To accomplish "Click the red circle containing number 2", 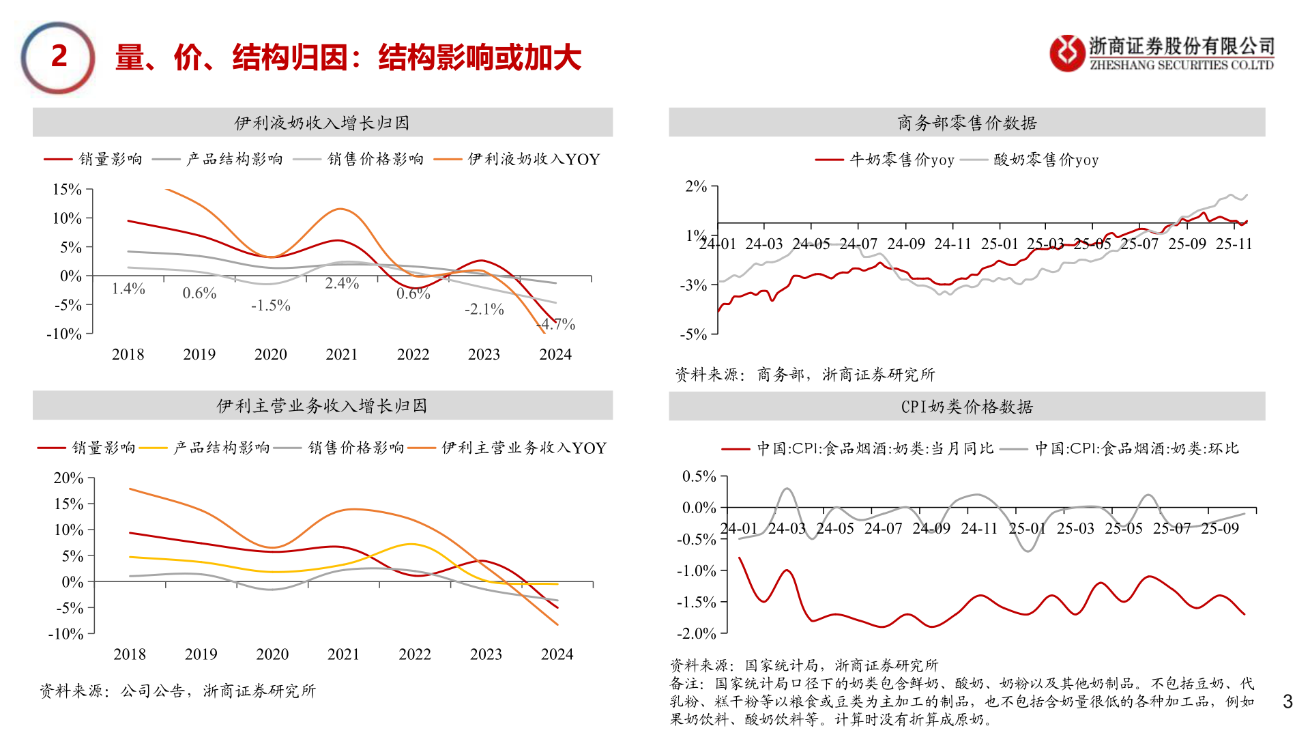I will pos(58,57).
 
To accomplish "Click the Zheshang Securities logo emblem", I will pos(1066,53).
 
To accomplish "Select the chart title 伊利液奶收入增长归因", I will pos(322,123).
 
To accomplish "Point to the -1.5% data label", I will pos(270,306).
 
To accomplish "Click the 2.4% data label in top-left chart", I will pos(342,283).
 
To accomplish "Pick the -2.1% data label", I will pos(484,309).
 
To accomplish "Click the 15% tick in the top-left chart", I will pos(67,190).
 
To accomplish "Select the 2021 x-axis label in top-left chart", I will pos(342,354).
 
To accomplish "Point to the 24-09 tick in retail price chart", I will pos(905,244).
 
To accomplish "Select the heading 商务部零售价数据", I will pos(967,123).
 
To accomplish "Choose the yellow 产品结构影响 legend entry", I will pos(221,448).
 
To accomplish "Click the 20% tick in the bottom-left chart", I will pos(68,478).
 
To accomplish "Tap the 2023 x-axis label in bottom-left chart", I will pos(486,654).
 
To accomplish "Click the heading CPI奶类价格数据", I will pos(967,407).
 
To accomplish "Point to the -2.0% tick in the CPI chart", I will pos(696,633).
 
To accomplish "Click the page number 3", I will pos(1287,702).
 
